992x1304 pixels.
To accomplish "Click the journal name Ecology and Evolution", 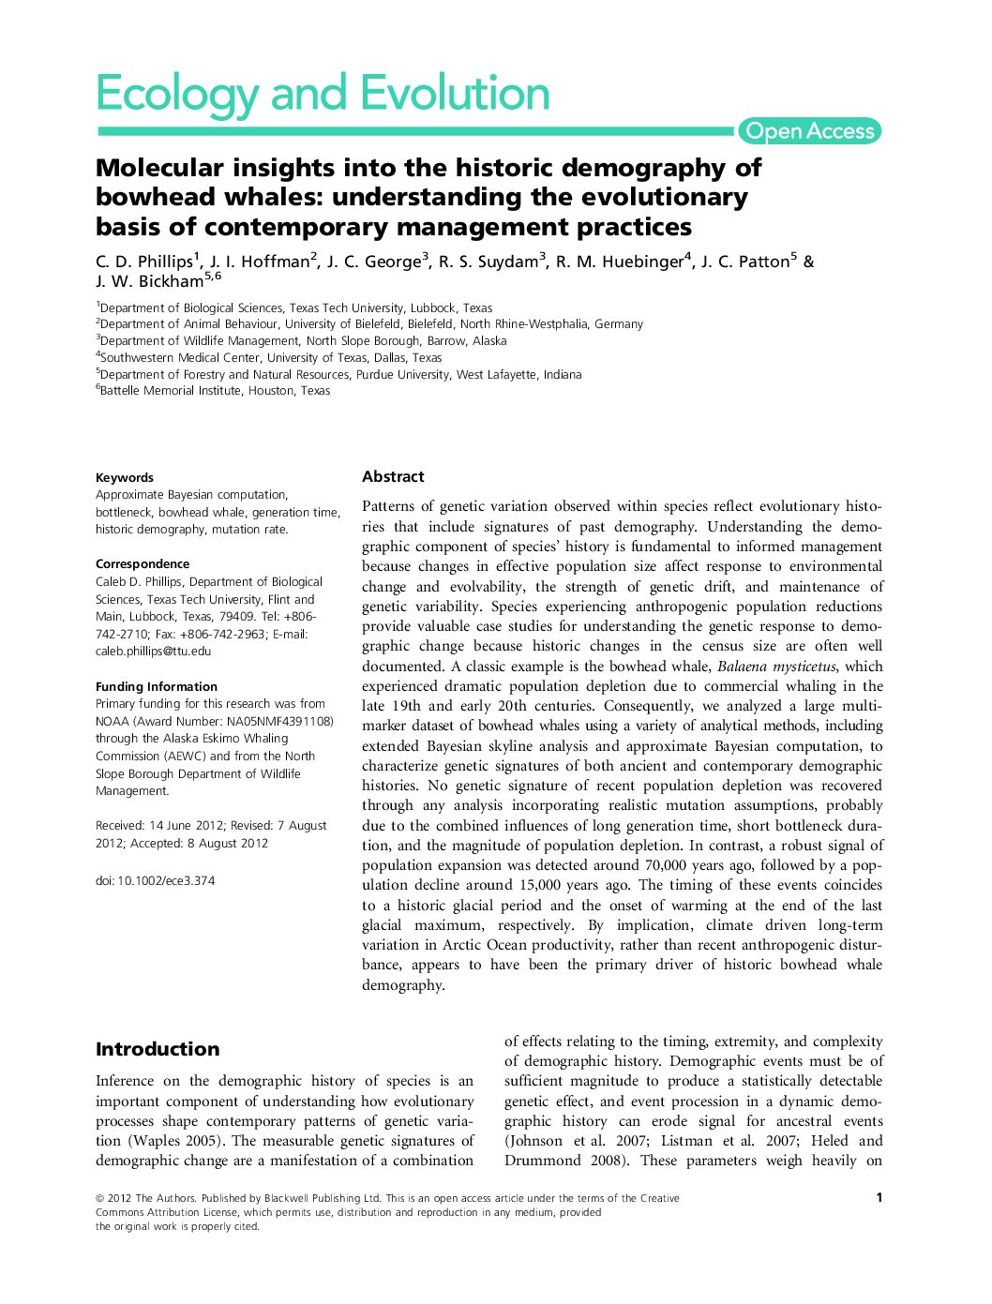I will point(323,95).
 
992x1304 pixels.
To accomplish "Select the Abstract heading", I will point(393,476).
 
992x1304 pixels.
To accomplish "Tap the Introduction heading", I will point(158,1049).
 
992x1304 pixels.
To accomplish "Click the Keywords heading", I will point(124,477).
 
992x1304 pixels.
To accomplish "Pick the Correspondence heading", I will point(143,563).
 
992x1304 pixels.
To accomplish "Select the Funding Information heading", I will point(156,686).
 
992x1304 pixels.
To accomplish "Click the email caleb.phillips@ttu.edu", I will point(153,651).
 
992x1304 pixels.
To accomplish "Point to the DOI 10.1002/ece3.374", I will point(155,880).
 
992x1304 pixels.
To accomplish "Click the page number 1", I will point(879,1197).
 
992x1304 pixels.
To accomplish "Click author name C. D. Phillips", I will point(145,262).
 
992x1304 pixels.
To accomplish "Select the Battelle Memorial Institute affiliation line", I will point(214,391).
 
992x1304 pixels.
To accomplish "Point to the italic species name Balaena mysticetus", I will point(776,667).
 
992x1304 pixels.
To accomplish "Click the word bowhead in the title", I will point(148,198).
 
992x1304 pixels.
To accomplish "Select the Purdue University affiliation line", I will point(339,374).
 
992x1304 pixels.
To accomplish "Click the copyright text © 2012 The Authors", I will point(145,1198).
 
